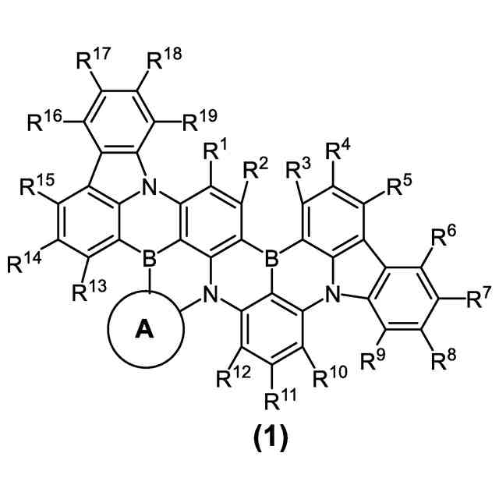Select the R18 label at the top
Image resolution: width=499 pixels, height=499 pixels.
point(161,60)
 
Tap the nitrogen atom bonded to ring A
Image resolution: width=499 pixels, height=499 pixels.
point(208,294)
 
